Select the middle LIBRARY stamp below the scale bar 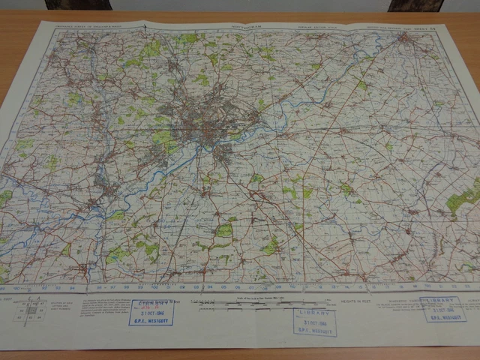click(314, 322)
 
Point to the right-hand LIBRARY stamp click(443, 310)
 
